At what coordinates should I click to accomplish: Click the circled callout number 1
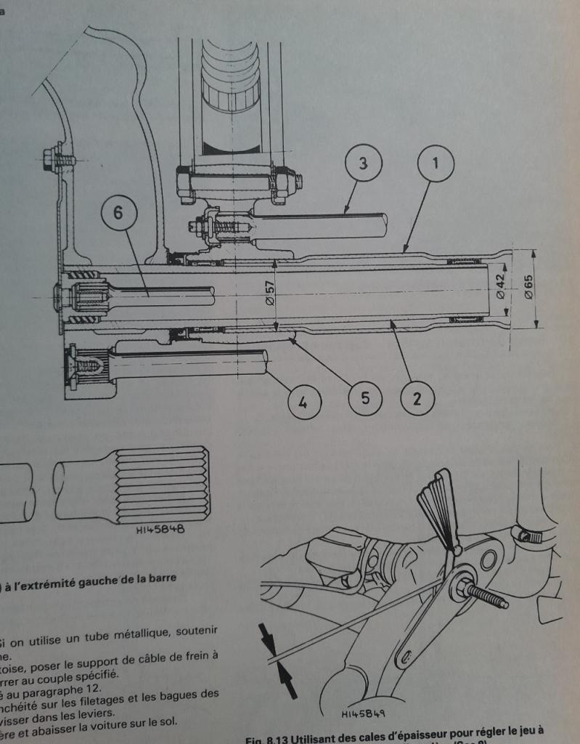click(x=436, y=163)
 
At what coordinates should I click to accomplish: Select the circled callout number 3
click(x=362, y=163)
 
